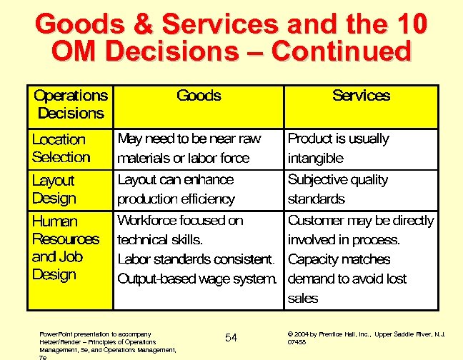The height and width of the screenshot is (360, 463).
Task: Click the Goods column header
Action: coord(199,96)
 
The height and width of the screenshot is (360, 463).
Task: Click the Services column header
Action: coord(361,96)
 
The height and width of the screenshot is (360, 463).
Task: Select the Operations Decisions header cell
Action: coord(71,104)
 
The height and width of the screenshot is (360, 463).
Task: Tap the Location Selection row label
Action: coord(61,149)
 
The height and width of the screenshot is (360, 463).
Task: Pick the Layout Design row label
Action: coord(54,189)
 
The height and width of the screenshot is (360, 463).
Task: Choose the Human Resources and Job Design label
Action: coord(66,247)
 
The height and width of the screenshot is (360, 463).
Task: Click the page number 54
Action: coord(231,337)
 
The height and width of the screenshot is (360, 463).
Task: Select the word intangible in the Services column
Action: coord(315,158)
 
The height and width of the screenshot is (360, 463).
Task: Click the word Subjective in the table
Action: coord(317,180)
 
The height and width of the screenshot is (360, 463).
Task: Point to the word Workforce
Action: coord(153,221)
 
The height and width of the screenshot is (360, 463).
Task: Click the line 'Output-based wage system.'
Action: coord(196,279)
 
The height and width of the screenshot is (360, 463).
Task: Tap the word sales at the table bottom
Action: coord(302,298)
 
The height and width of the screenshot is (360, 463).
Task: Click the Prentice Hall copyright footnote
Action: coord(366,337)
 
